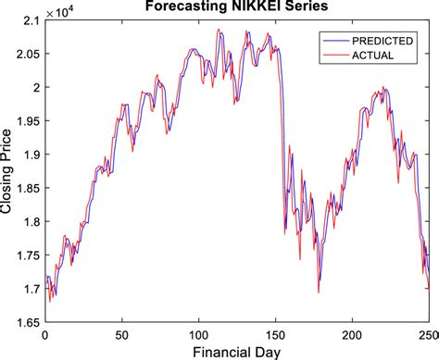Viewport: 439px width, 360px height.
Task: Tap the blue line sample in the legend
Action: click(330, 41)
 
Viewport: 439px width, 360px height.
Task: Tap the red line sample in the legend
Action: click(330, 55)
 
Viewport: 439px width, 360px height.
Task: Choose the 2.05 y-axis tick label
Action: click(24, 54)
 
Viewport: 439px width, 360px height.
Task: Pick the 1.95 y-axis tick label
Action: click(24, 121)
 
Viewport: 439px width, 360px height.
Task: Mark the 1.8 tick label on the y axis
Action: click(28, 222)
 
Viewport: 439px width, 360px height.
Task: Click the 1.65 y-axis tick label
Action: click(24, 322)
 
